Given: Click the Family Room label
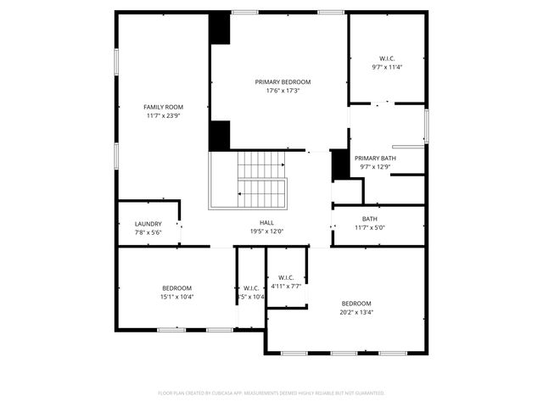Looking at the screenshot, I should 163,107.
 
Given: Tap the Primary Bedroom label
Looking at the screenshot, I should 283,82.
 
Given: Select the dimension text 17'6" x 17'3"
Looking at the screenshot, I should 283,91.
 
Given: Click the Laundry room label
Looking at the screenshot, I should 148,224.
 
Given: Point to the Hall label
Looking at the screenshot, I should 266,222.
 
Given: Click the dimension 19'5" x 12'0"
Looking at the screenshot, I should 266,231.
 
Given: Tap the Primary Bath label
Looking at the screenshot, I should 374,159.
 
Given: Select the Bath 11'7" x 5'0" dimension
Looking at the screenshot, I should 370,227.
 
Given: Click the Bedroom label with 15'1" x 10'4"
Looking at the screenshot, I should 176,288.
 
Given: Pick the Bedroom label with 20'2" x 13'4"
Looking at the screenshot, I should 356,304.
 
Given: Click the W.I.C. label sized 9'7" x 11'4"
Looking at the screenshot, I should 386,59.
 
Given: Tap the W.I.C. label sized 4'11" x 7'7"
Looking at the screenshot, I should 286,277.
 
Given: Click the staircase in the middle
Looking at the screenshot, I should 262,180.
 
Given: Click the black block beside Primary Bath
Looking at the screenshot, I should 340,164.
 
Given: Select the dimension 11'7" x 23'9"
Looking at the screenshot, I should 163,115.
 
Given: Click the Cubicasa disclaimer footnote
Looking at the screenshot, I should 271,393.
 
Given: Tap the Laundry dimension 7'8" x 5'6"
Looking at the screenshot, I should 148,232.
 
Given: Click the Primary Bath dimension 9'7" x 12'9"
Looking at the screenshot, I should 374,167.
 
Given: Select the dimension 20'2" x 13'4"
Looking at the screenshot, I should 356,312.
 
